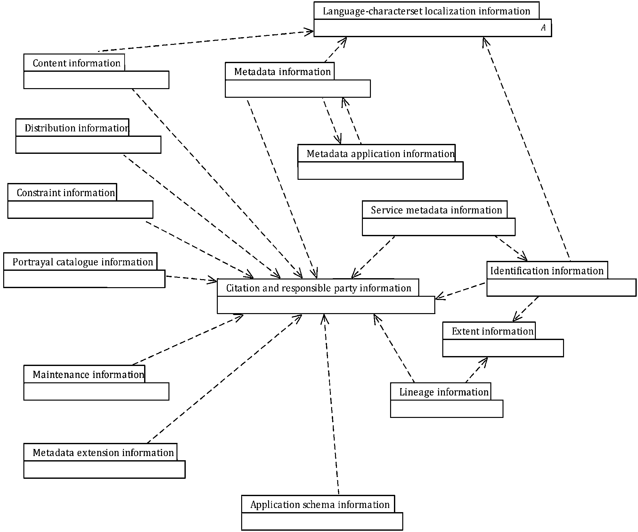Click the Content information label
coord(77,63)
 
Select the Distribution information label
coord(77,128)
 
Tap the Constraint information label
coord(66,193)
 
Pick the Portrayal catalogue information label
coord(83,262)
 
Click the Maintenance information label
coord(88,375)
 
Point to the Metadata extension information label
coord(103,453)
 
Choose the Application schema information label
coord(320,505)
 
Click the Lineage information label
coord(444,392)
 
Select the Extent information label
coord(493,331)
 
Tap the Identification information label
coord(547,271)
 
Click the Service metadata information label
coord(436,210)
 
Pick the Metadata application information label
coord(380,154)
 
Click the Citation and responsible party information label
coord(319,288)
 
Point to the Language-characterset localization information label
coord(426,12)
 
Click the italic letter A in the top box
coord(543,28)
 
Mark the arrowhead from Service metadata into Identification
coord(523,257)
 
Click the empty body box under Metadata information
coord(298,88)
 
